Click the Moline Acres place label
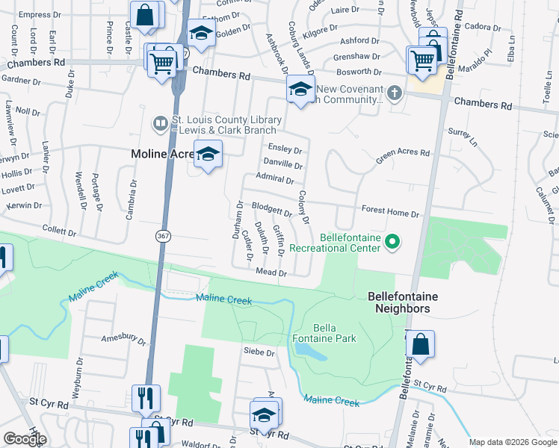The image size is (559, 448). point(163,154)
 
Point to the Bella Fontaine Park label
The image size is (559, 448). point(335,333)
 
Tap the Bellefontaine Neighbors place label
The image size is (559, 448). point(403,302)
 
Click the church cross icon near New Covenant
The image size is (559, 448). point(395,93)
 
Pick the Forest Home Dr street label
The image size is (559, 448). point(390,213)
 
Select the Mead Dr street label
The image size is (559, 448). point(272,273)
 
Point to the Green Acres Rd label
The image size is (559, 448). point(403,155)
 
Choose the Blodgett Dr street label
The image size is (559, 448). point(271,210)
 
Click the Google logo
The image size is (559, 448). point(24,439)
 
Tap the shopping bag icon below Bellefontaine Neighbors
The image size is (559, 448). point(420,345)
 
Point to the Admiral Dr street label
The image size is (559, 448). point(274,178)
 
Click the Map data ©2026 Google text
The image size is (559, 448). point(513,442)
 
